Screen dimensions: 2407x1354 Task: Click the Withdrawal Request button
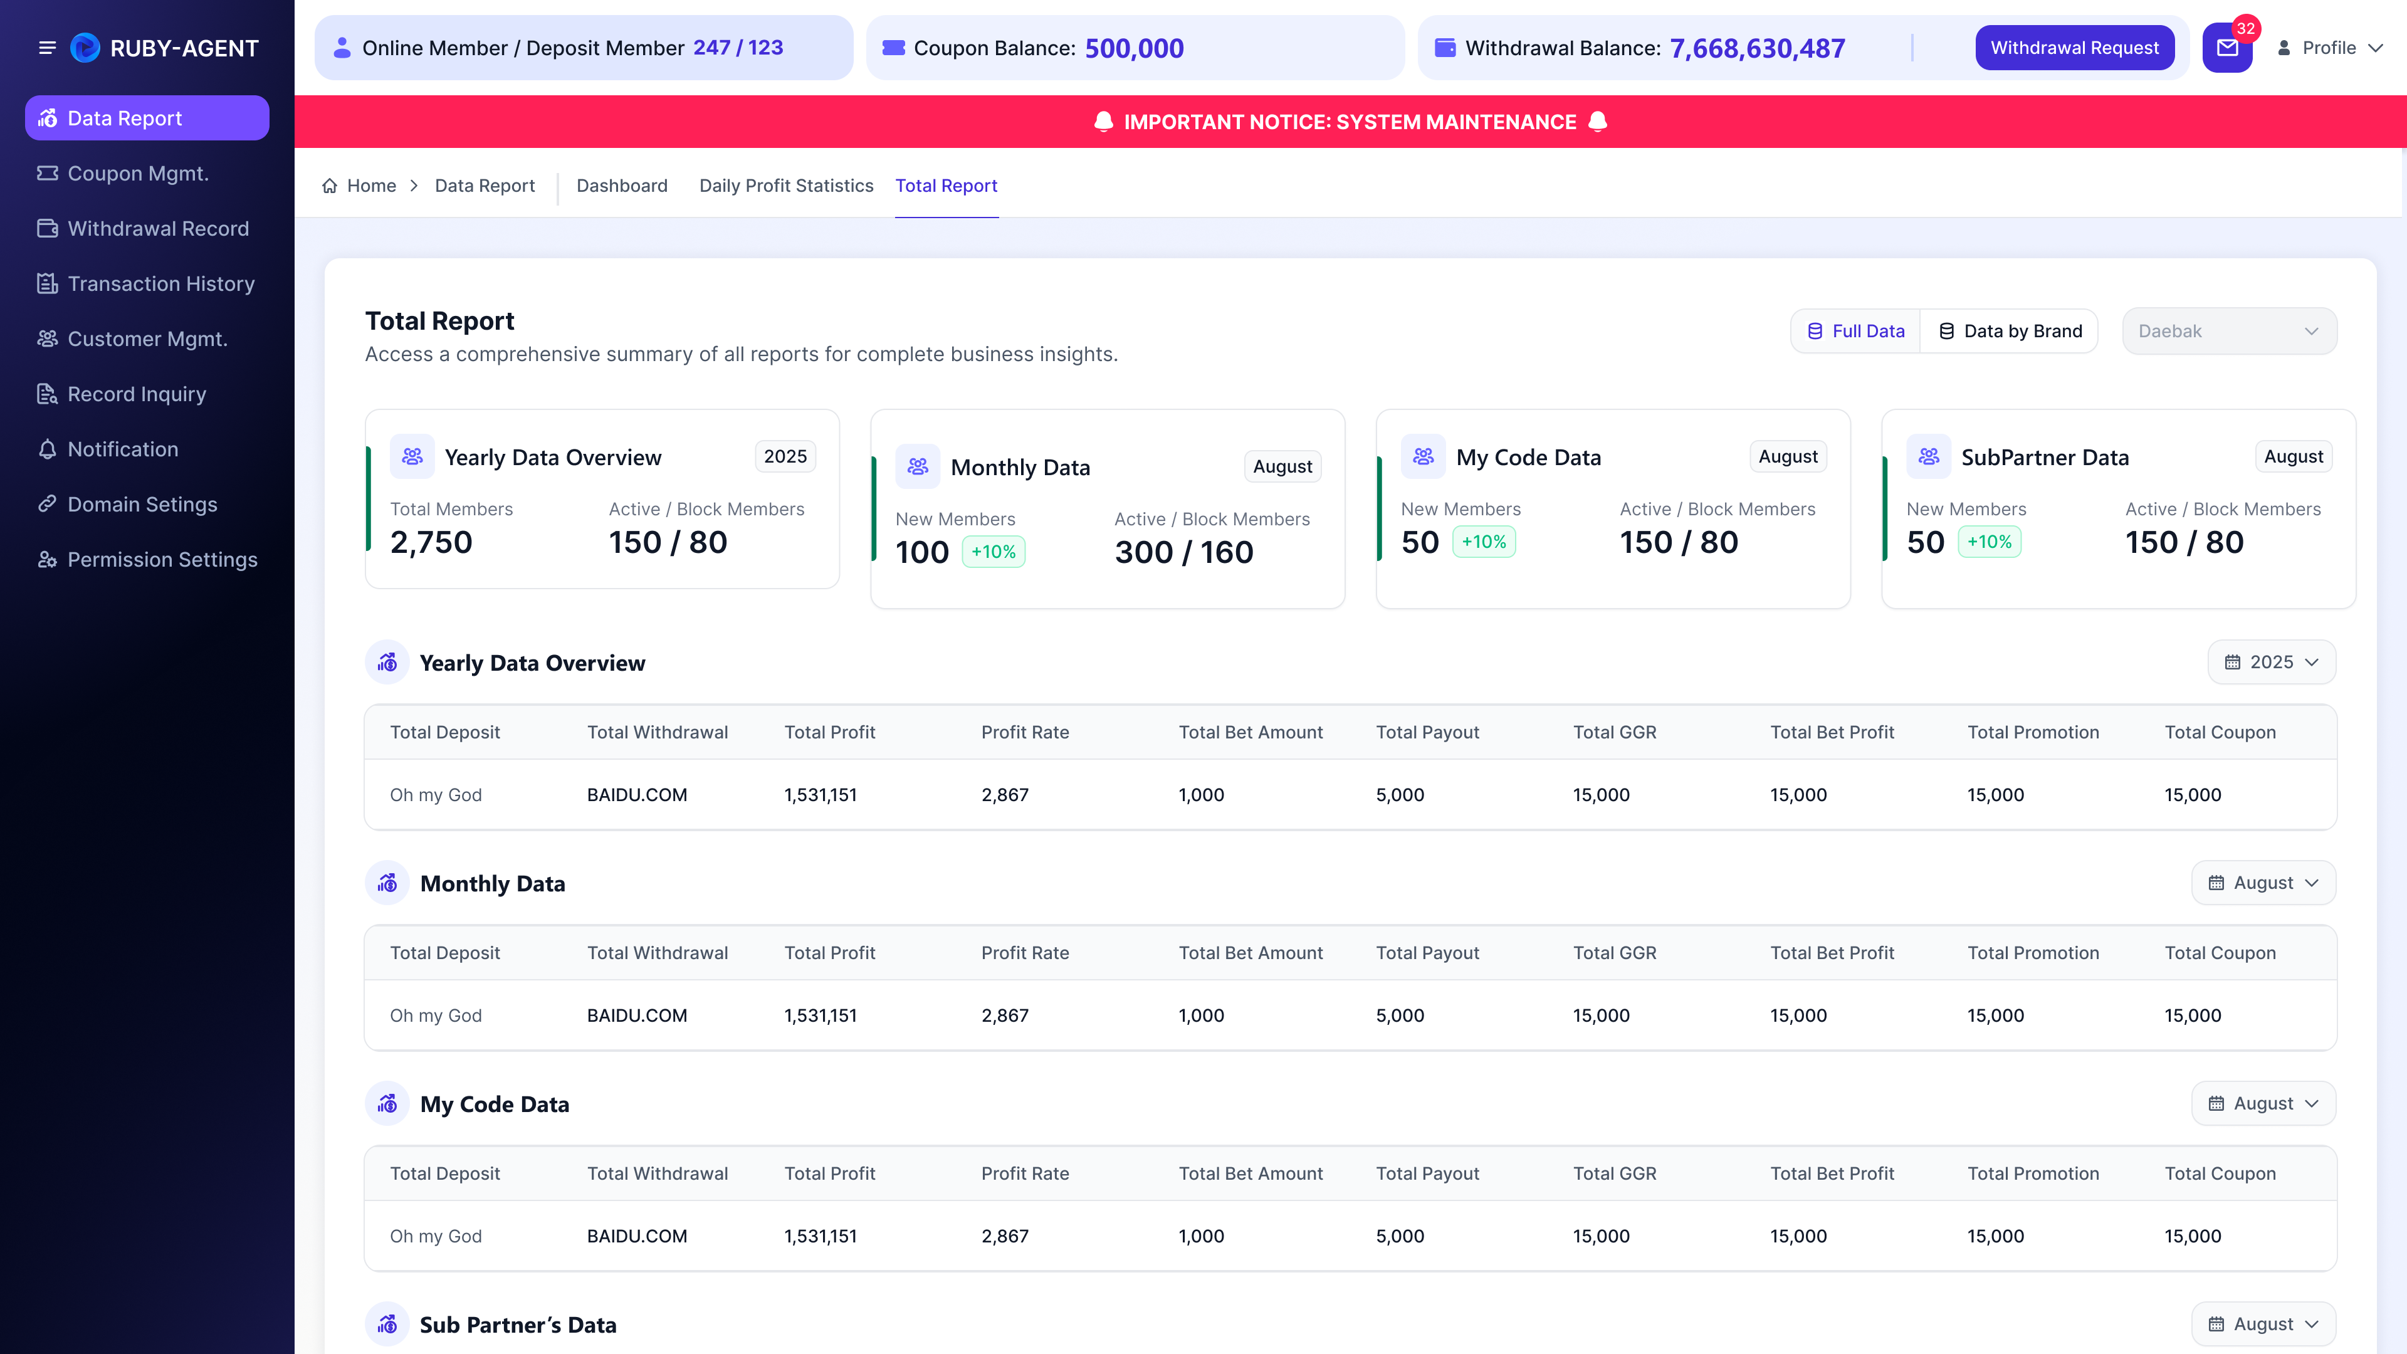pyautogui.click(x=2074, y=48)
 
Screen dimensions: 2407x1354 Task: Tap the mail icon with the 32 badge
pyautogui.click(x=2228, y=48)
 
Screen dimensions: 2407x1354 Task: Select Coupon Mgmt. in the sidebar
pyautogui.click(x=137, y=174)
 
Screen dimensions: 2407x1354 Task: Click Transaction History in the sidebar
pyautogui.click(x=160, y=284)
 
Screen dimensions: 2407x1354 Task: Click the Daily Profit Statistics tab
pyautogui.click(x=786, y=186)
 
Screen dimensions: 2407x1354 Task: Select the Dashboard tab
pyautogui.click(x=621, y=186)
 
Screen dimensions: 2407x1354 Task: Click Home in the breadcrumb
pyautogui.click(x=371, y=186)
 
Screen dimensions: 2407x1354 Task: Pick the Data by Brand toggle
pyautogui.click(x=2010, y=332)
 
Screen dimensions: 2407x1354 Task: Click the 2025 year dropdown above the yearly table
pyautogui.click(x=2272, y=663)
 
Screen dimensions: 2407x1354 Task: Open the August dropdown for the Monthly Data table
pyautogui.click(x=2263, y=883)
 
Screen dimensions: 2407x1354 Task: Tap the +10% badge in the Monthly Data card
pyautogui.click(x=994, y=552)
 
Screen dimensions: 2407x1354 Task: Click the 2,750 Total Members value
pyautogui.click(x=431, y=543)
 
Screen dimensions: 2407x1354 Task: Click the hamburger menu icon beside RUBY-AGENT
pyautogui.click(x=47, y=48)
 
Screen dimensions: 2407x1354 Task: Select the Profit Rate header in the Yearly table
pyautogui.click(x=1024, y=733)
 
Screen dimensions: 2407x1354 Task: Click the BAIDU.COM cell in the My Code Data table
pyautogui.click(x=636, y=1236)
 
